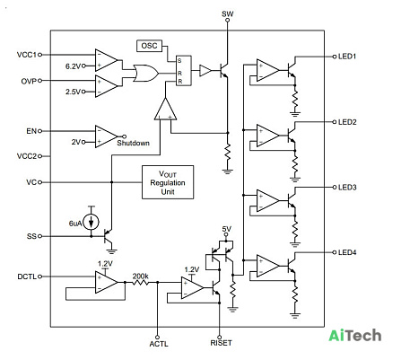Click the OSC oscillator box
coord(149,46)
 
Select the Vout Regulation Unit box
coord(168,182)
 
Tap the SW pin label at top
coord(228,13)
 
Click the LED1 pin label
coord(347,57)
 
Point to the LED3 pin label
coord(347,188)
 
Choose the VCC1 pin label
coord(27,55)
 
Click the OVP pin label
coord(29,81)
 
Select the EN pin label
coord(31,131)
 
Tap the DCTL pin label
coord(27,277)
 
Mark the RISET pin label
coord(221,343)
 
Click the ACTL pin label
coord(159,344)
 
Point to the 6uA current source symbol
coord(92,223)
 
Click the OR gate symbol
coord(146,74)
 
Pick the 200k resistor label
coord(141,276)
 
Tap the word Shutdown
coord(133,143)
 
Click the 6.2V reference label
coord(74,66)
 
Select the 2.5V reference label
coord(74,92)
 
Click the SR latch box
coord(184,71)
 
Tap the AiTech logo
coord(355,336)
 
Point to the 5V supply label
coord(227,229)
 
